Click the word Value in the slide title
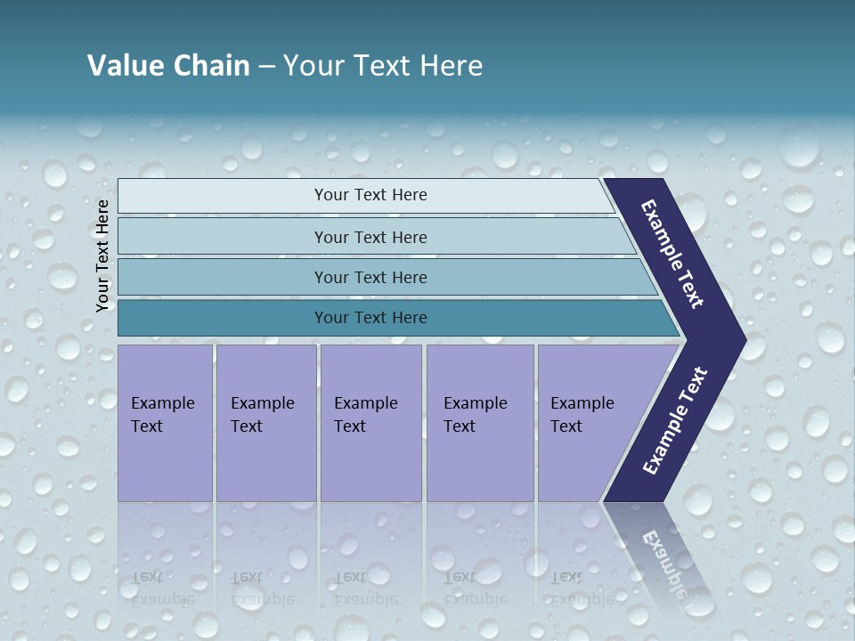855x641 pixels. (126, 66)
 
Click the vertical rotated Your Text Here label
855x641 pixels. (102, 256)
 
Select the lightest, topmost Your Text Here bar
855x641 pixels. (370, 195)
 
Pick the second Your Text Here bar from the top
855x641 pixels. (370, 237)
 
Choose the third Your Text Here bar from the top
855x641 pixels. (370, 277)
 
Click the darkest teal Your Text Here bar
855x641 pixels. (370, 318)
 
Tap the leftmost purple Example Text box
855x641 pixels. (165, 422)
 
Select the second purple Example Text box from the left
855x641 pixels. (265, 422)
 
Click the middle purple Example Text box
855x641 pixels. (370, 422)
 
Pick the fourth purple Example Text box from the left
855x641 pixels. (479, 422)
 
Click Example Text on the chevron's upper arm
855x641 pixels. (672, 254)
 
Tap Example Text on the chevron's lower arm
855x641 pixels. (675, 421)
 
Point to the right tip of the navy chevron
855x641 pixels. (744, 340)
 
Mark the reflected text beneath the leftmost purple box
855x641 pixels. (163, 588)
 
